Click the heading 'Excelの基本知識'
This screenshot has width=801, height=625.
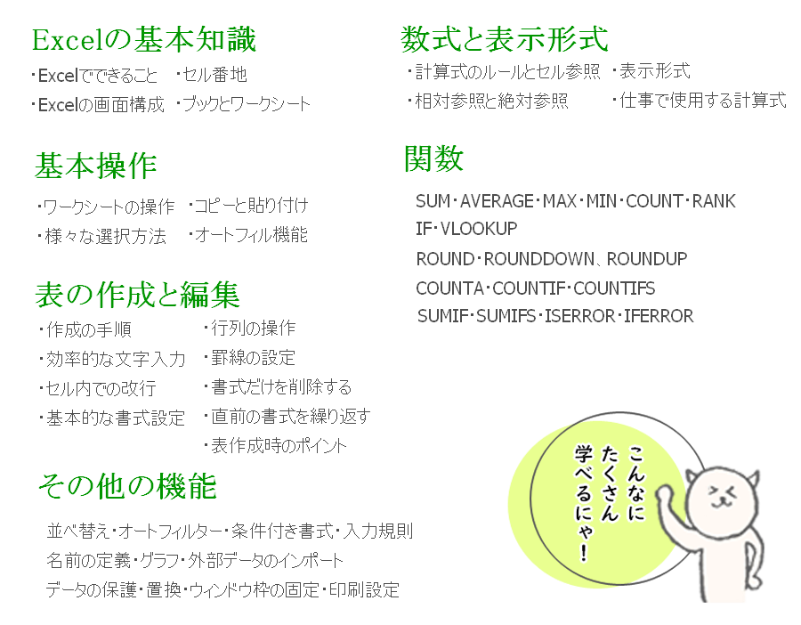[x=143, y=40]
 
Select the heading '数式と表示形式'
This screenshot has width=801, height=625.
[x=505, y=39]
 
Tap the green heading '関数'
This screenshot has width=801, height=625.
[x=433, y=158]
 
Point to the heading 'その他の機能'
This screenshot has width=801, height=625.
[x=127, y=485]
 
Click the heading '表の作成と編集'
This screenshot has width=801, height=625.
[x=137, y=295]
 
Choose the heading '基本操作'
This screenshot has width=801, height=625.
[x=95, y=166]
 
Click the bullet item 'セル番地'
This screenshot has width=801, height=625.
[x=214, y=75]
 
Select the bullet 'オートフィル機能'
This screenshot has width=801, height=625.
[x=251, y=235]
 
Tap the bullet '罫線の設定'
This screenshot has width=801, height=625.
[x=253, y=357]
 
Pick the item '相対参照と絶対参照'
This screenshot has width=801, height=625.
[x=491, y=101]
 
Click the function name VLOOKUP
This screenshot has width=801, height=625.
[x=479, y=229]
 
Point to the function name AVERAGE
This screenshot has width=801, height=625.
[x=497, y=201]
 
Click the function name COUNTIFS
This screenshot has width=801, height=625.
[x=614, y=288]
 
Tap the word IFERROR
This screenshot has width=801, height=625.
[x=659, y=316]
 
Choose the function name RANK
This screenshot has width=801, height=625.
[x=714, y=201]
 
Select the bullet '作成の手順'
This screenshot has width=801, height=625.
[x=89, y=329]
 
